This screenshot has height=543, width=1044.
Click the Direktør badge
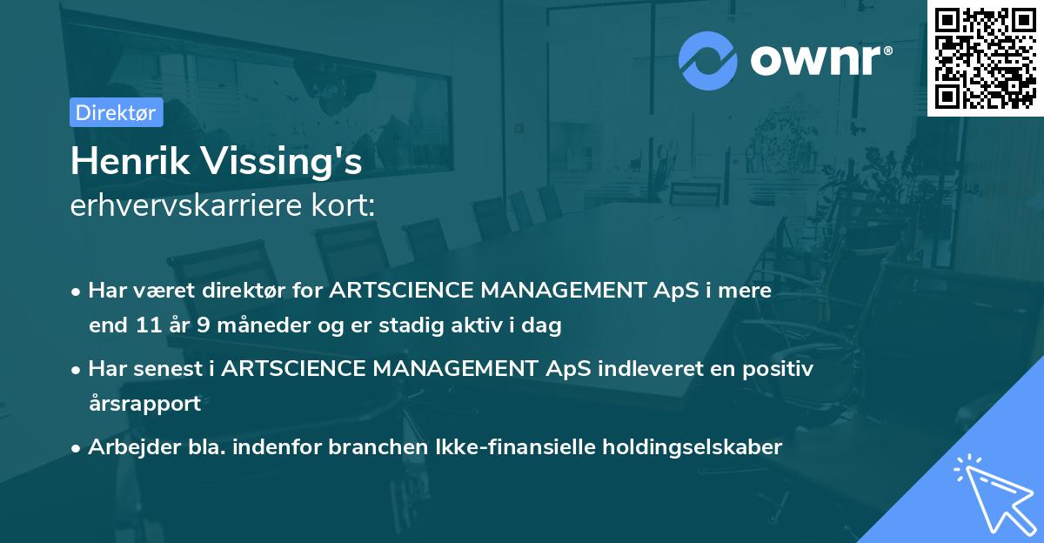[x=116, y=112]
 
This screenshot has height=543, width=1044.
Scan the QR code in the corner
[x=985, y=57]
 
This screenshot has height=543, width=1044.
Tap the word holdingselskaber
[x=688, y=446]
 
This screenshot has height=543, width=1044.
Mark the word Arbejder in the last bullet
[x=127, y=446]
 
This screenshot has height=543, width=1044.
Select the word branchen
[x=378, y=446]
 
